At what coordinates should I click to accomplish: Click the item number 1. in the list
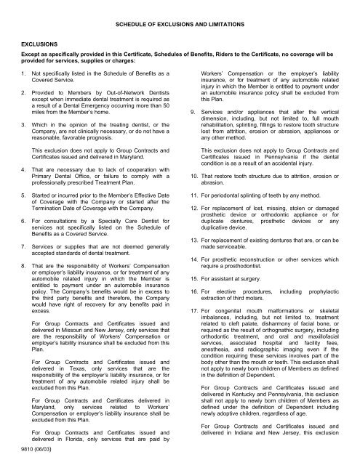[24, 75]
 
